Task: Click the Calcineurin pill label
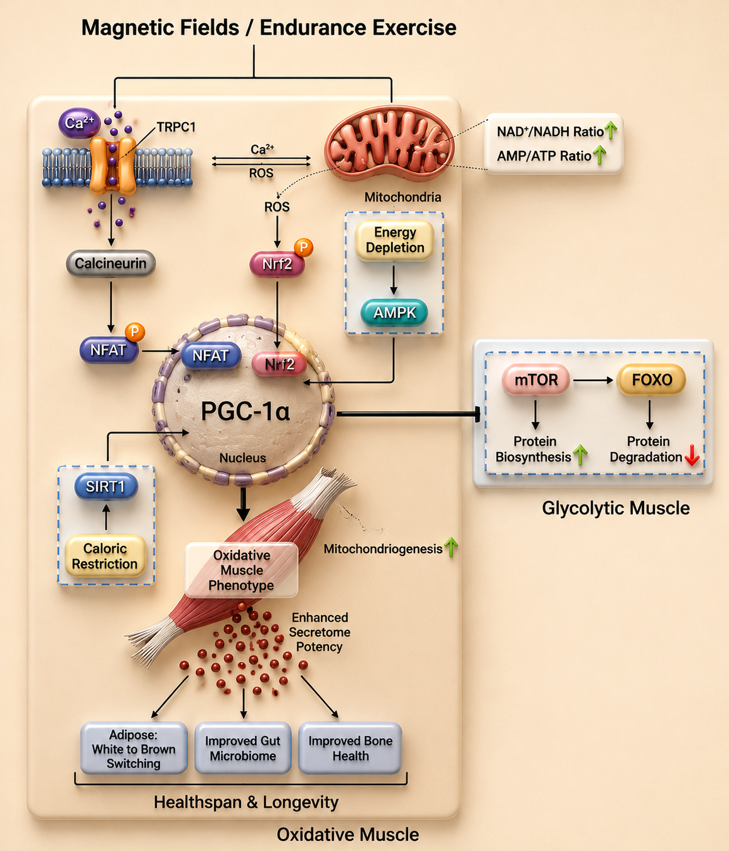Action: pos(111,263)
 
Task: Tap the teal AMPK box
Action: pos(394,313)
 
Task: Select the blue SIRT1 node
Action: pos(105,487)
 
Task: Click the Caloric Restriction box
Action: pos(105,556)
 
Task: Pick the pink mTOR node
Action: pos(536,379)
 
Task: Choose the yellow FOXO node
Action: pos(651,379)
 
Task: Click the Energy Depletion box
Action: pos(394,240)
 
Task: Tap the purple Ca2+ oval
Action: pos(79,122)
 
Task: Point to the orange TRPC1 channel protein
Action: pos(112,166)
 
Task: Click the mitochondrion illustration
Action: pos(389,144)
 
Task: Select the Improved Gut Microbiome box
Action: pos(243,748)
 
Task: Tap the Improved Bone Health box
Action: pos(350,748)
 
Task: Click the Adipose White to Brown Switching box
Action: pos(134,748)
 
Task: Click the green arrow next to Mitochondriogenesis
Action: pos(451,547)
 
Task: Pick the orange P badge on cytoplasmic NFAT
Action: pos(134,332)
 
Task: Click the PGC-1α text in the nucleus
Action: pos(246,411)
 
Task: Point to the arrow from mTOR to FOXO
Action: pos(593,381)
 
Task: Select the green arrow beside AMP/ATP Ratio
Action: pos(600,155)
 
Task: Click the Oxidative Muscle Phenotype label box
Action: pos(241,570)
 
